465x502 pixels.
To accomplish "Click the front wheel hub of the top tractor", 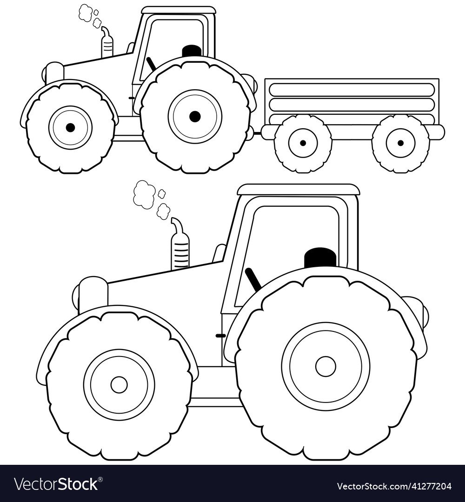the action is (x=70, y=127).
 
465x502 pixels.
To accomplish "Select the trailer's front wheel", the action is (x=303, y=143).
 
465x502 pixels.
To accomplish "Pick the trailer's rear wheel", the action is (x=400, y=143).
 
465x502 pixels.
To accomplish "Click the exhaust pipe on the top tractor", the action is (x=107, y=43).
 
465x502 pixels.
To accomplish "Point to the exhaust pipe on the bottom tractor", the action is (x=179, y=243).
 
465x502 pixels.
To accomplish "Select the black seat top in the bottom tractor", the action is (x=320, y=257).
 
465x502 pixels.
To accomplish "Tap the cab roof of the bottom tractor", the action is (x=298, y=190).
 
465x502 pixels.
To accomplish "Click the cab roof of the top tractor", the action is (x=179, y=10).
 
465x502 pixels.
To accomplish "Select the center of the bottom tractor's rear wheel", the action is (x=325, y=366).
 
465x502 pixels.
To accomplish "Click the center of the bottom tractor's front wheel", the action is (x=119, y=384).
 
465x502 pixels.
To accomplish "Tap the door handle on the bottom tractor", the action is (x=220, y=336).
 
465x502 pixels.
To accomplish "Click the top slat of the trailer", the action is (x=352, y=90).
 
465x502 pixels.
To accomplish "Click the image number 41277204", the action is (x=428, y=486).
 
